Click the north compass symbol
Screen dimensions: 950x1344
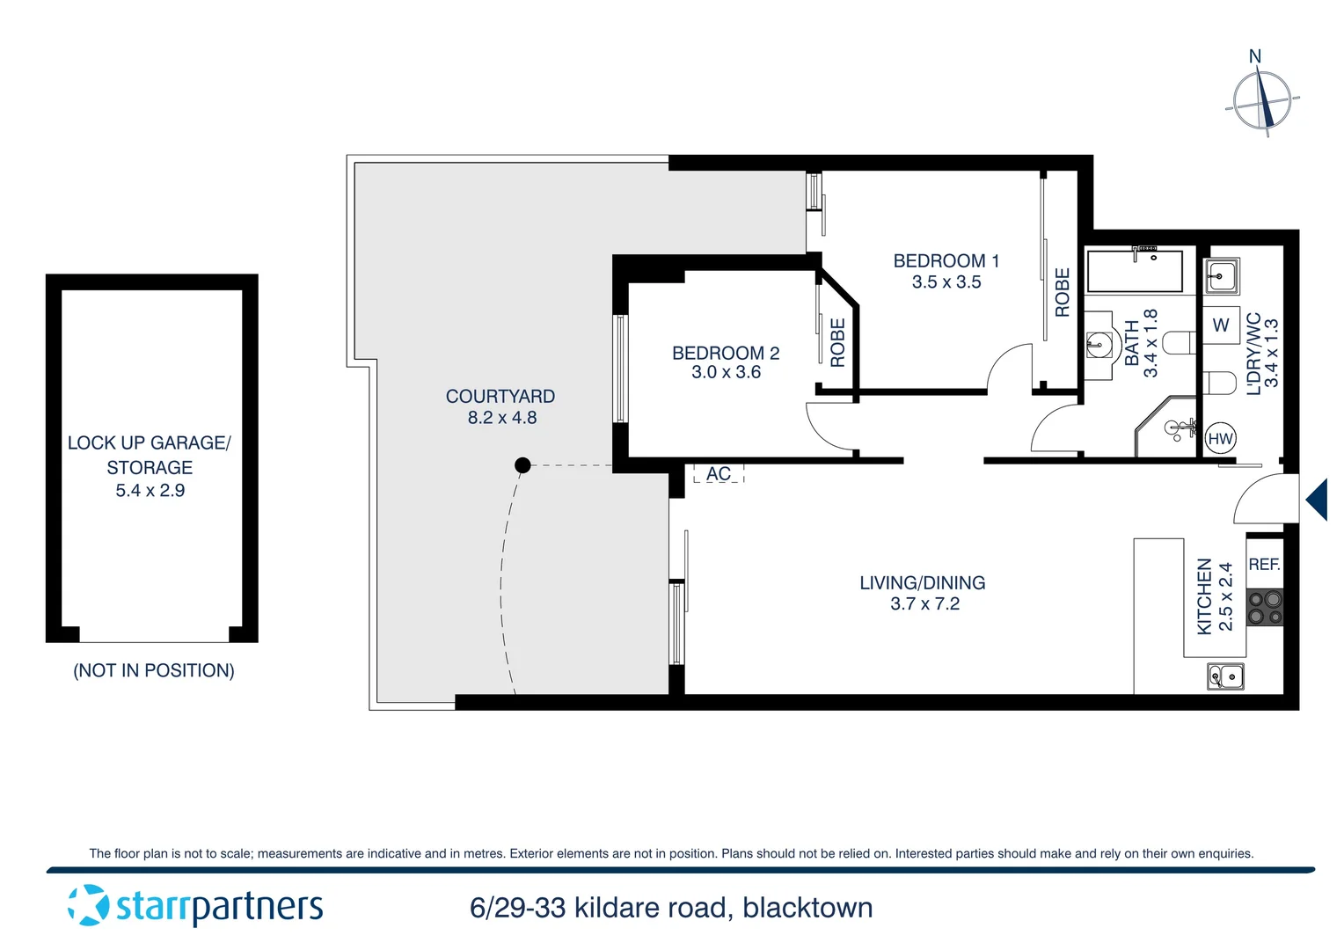click(1262, 99)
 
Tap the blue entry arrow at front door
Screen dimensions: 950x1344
click(1317, 500)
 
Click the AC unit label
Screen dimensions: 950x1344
click(719, 474)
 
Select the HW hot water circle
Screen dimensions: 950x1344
click(1220, 439)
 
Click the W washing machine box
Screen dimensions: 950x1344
click(1221, 325)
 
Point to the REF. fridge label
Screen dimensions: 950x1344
click(1264, 565)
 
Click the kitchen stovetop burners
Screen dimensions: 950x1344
click(1265, 608)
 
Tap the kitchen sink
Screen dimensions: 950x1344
click(1225, 676)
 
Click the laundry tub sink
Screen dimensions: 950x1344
click(1221, 277)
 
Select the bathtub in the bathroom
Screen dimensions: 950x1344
click(1135, 272)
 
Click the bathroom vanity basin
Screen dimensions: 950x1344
click(1097, 345)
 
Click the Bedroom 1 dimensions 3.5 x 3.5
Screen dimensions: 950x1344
click(946, 282)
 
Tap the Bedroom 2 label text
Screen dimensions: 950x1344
click(726, 353)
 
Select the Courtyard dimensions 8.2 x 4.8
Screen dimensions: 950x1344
click(501, 418)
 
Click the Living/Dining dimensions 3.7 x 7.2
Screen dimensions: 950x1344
click(924, 604)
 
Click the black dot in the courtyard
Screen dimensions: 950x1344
click(522, 465)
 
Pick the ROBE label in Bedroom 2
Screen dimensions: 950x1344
click(837, 342)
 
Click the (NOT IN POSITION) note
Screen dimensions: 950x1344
click(154, 670)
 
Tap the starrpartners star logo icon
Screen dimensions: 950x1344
click(88, 905)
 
